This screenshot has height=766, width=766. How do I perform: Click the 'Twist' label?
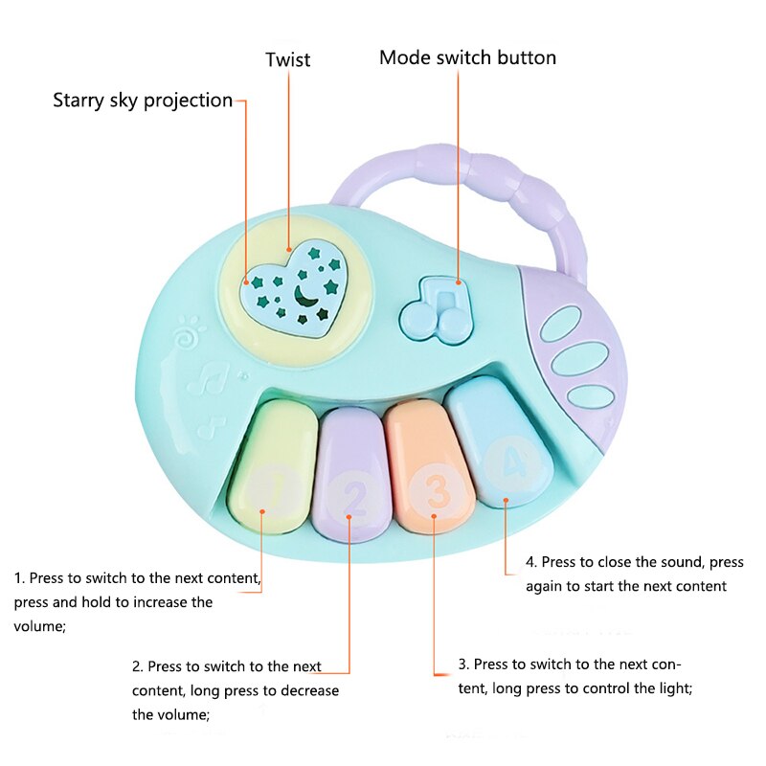click(287, 59)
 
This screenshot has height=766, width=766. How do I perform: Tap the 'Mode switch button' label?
click(467, 57)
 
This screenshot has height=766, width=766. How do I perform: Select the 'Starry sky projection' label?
click(143, 100)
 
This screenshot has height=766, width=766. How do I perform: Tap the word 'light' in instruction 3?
click(670, 688)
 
